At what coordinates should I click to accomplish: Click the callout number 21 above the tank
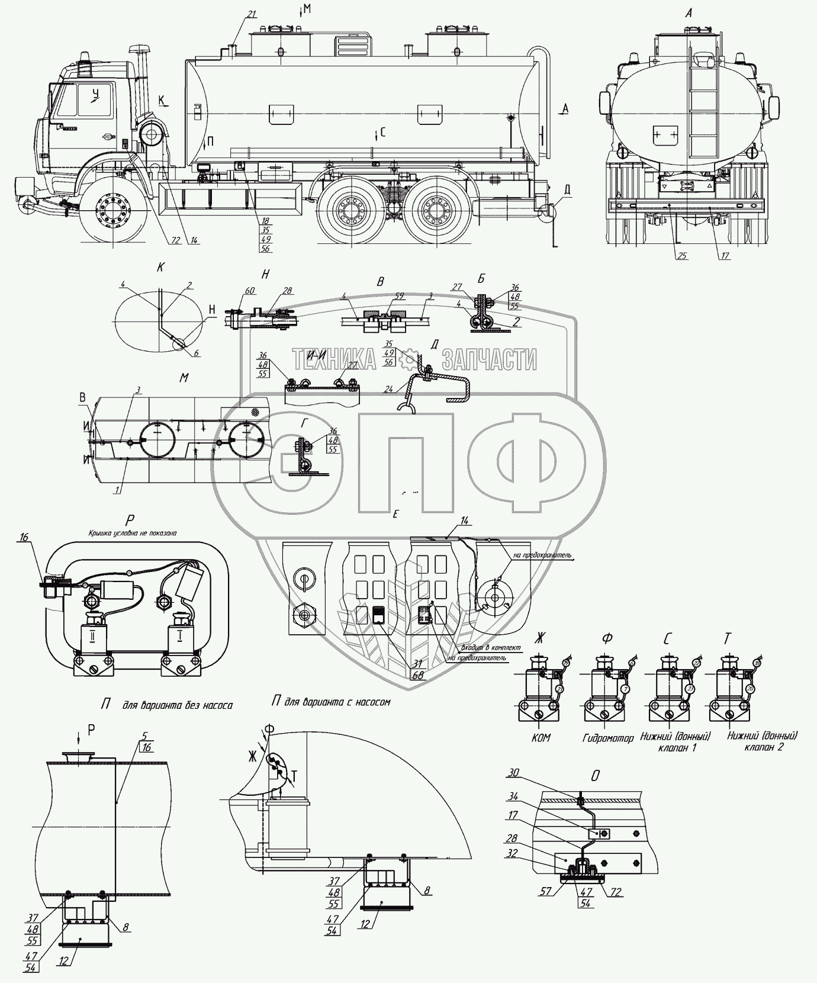(x=252, y=14)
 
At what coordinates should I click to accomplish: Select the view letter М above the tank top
(x=306, y=7)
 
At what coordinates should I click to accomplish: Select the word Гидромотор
(x=609, y=738)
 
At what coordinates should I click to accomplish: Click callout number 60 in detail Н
(x=248, y=291)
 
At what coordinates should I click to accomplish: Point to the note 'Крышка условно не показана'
(x=133, y=532)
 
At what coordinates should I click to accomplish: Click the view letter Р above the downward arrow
(x=91, y=730)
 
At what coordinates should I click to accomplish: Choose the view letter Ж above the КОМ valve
(x=538, y=639)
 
